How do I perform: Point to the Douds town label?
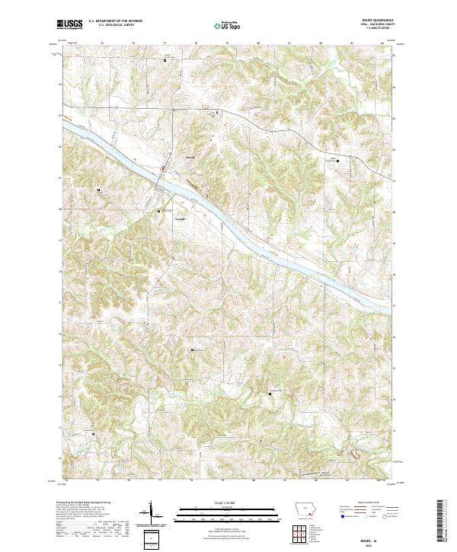pos(190,158)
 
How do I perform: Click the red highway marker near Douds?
pos(161,168)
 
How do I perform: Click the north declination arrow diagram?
pos(152,512)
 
